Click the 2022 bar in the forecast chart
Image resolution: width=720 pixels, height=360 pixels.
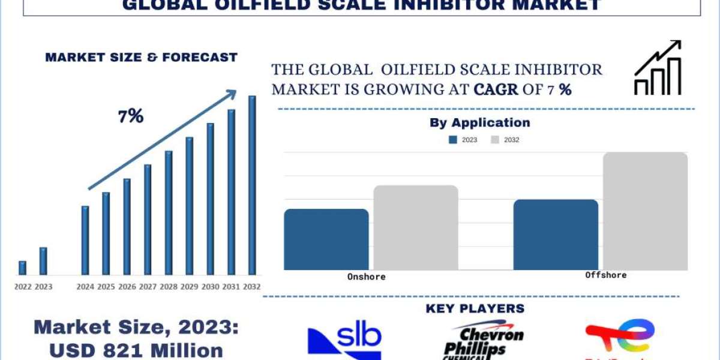point(23,268)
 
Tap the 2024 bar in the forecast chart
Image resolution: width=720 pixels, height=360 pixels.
point(85,241)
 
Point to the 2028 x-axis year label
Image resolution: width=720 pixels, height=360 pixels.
point(168,287)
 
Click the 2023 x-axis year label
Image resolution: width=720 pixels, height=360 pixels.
point(43,287)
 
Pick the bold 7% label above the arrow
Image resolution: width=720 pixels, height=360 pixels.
point(131,116)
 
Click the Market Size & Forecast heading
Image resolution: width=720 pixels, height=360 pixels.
point(142,58)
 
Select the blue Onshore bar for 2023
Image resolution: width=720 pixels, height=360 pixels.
point(326,239)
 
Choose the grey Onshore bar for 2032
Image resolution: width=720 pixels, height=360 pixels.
point(416,227)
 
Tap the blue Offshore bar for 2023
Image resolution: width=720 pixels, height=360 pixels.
point(556,235)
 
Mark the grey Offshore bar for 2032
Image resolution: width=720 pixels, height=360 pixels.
point(645,211)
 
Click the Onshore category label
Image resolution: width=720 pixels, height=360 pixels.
point(366,277)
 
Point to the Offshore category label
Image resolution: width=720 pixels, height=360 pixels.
point(605,275)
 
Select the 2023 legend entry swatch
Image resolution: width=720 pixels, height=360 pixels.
point(454,140)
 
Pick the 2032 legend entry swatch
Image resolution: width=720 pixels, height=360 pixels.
point(496,140)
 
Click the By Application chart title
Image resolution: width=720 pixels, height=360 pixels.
point(479,123)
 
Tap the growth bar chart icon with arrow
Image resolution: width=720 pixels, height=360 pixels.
point(658,68)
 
